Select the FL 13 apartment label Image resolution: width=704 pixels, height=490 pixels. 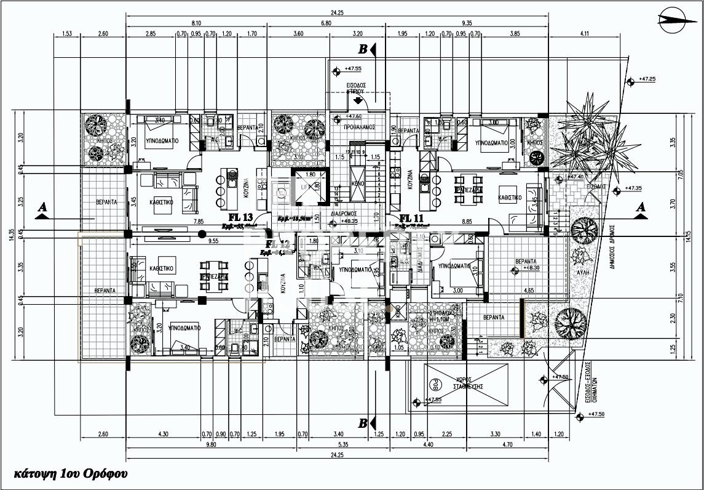click(x=240, y=217)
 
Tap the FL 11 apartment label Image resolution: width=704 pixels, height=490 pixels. click(x=413, y=217)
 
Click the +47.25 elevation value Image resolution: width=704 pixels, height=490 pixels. click(x=647, y=79)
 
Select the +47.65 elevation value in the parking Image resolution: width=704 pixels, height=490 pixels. click(x=433, y=400)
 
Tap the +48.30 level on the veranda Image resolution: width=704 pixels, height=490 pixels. click(x=531, y=268)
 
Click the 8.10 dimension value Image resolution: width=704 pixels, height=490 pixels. click(x=196, y=22)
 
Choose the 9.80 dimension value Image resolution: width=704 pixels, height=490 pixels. click(x=212, y=444)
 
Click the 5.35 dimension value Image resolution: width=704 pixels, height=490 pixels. click(x=326, y=444)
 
